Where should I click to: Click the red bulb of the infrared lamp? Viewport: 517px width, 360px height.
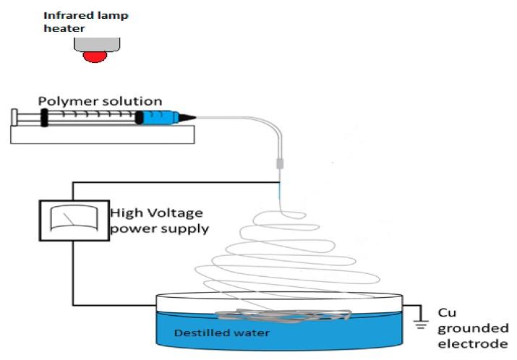click(95, 56)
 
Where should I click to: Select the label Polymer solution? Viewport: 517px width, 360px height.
click(100, 101)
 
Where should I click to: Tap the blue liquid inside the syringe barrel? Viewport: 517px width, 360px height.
click(158, 117)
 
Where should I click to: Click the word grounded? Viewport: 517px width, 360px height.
click(473, 328)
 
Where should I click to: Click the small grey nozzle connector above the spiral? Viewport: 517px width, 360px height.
click(280, 166)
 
